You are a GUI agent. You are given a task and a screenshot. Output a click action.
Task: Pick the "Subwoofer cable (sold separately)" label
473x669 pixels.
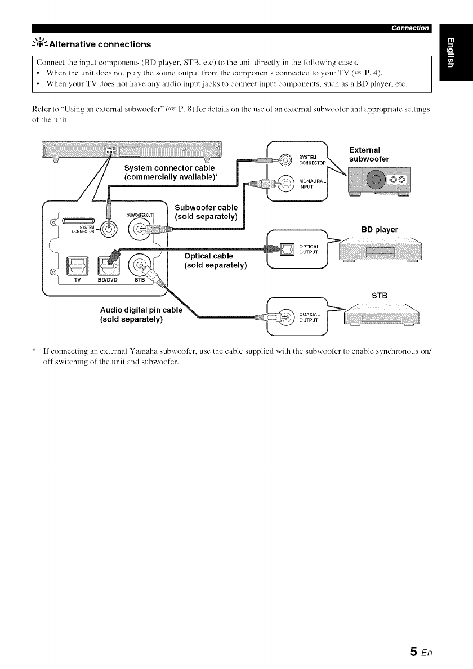click(206, 211)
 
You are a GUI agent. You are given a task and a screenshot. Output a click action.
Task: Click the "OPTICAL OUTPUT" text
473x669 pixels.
click(310, 249)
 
